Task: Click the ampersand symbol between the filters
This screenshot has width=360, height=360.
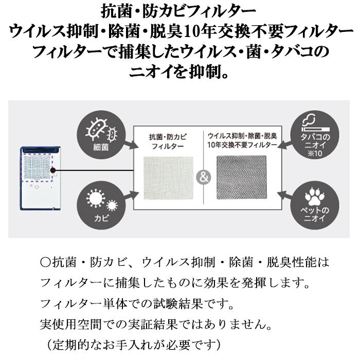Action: (x=204, y=177)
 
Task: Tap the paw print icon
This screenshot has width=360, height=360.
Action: (x=314, y=196)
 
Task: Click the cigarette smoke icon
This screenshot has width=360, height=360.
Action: (x=315, y=123)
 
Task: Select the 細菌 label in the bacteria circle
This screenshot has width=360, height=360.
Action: (x=101, y=147)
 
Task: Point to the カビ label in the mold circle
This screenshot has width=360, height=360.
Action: (x=101, y=218)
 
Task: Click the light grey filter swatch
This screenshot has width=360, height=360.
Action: (x=168, y=178)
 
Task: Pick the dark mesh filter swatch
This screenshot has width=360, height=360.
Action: (x=242, y=177)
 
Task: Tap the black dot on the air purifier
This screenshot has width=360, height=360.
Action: (x=53, y=170)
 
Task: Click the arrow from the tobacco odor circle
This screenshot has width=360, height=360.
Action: (x=285, y=145)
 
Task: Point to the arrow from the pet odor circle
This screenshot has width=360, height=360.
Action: (x=285, y=195)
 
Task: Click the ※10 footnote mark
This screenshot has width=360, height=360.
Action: (x=315, y=153)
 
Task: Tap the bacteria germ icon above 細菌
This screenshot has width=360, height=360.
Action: (x=101, y=129)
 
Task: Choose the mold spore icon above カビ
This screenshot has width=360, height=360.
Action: (x=102, y=200)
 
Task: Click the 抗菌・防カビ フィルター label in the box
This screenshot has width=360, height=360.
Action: (x=168, y=141)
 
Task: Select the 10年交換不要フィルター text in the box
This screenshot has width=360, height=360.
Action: (x=242, y=145)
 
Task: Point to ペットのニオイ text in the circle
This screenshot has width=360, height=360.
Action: (x=315, y=214)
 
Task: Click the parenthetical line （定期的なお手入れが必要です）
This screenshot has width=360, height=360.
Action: (x=134, y=345)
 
